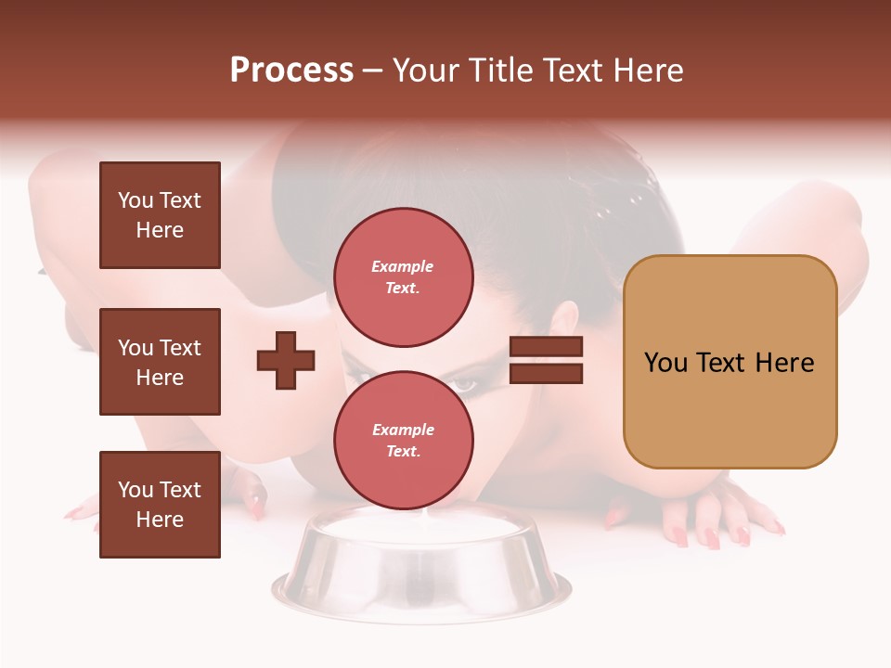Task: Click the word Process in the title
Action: [291, 71]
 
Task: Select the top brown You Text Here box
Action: [160, 215]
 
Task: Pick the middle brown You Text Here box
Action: [160, 362]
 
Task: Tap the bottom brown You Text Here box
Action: [160, 505]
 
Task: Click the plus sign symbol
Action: [286, 360]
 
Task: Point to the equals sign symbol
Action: [547, 360]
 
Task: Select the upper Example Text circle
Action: [403, 277]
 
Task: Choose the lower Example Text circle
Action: [403, 441]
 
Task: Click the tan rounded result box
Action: [730, 362]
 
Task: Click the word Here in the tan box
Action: [784, 363]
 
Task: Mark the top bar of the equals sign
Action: [547, 347]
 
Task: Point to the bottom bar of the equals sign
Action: [547, 373]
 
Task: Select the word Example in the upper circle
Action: [403, 266]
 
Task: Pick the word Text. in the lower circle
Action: [403, 452]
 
